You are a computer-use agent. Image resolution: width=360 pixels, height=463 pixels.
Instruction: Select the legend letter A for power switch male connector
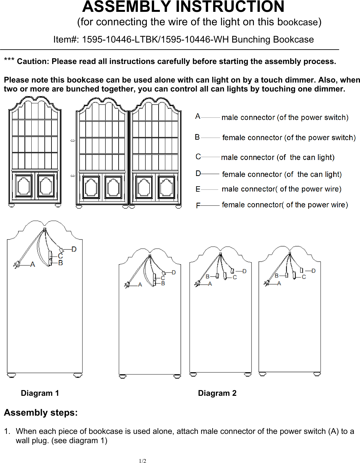[x=198, y=116]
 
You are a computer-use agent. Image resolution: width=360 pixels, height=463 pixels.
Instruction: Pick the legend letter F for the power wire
[x=198, y=205]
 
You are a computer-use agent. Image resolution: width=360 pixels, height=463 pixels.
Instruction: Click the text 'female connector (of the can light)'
[x=282, y=174]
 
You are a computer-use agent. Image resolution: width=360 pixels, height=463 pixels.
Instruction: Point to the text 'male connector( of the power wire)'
[x=281, y=189]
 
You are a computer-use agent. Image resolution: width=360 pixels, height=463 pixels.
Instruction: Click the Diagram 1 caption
[x=40, y=393]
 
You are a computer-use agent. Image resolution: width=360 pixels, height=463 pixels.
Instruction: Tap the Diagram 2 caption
[x=217, y=393]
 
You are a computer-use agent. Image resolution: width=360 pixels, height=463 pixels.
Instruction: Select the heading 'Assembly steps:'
[x=41, y=413]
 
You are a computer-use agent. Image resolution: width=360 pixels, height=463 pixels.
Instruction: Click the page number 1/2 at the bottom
[x=143, y=461]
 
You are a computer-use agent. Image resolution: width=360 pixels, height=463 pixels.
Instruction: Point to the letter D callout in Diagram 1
[x=74, y=249]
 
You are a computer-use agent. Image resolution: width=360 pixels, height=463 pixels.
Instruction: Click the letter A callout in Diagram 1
[x=33, y=264]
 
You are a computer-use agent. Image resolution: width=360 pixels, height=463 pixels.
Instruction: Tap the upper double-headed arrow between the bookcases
[x=73, y=140]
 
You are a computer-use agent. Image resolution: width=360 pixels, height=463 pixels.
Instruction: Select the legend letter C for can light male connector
[x=198, y=157]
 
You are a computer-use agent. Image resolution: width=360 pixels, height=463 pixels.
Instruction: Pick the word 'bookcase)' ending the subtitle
[x=299, y=22]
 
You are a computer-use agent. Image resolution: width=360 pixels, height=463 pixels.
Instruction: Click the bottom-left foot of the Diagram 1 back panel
[x=12, y=375]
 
